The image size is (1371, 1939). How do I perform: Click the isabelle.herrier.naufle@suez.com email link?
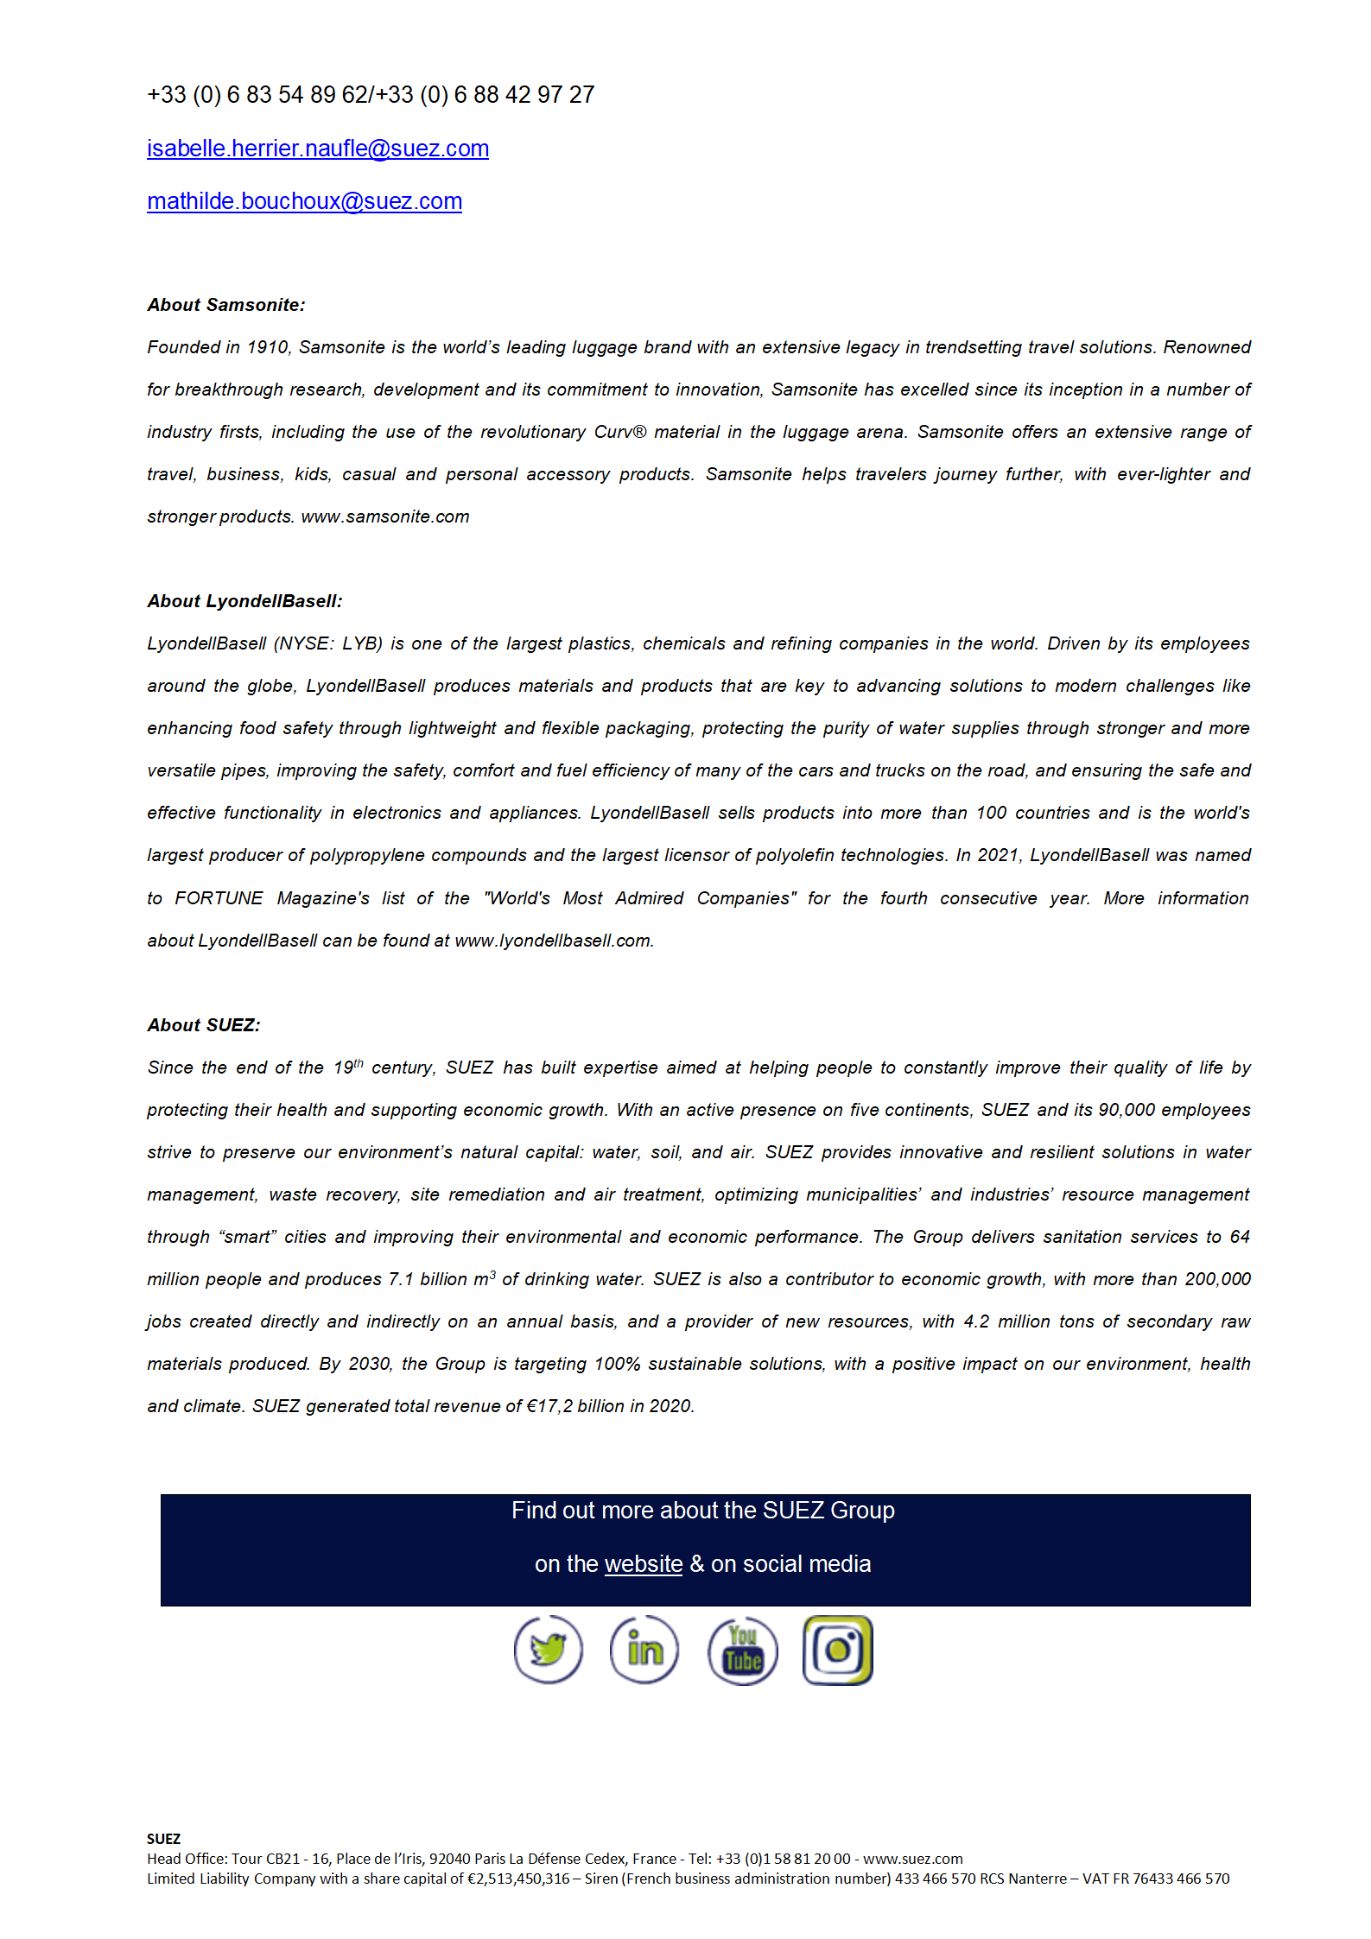point(317,149)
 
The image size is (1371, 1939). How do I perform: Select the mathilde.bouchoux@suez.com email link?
point(304,201)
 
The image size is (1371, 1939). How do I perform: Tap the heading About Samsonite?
point(225,305)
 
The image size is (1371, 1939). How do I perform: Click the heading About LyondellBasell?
point(244,601)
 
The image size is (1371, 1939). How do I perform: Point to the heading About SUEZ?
point(203,1025)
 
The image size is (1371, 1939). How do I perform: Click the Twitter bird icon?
point(548,1650)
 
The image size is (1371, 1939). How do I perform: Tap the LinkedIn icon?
point(644,1650)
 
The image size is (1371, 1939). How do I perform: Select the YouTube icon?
point(742,1651)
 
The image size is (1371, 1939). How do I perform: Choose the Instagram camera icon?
point(837,1650)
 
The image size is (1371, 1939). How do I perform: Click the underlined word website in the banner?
point(644,1564)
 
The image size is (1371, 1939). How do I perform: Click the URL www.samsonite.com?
point(385,516)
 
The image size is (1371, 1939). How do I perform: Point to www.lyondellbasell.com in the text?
point(553,941)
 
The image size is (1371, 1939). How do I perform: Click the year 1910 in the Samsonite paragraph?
point(268,347)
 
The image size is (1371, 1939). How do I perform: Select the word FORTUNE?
point(219,898)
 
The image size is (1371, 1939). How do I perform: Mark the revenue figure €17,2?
point(549,1406)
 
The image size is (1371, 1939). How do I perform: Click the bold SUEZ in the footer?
point(163,1839)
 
